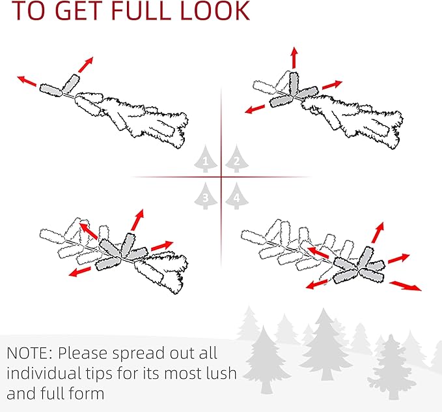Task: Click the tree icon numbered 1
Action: (206, 159)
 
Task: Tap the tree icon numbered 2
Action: (237, 159)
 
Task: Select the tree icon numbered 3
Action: (206, 196)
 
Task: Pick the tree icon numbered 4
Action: (237, 196)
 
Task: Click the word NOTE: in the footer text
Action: (29, 353)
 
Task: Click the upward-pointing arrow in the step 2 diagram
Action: (294, 57)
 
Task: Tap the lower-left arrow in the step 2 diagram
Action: (255, 109)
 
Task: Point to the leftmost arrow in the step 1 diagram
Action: (27, 81)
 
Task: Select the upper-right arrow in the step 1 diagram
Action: (86, 65)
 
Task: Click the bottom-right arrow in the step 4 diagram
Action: (406, 286)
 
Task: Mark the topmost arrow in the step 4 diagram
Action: (378, 233)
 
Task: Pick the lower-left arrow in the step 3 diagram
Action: (80, 272)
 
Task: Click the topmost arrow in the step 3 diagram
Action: (137, 220)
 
